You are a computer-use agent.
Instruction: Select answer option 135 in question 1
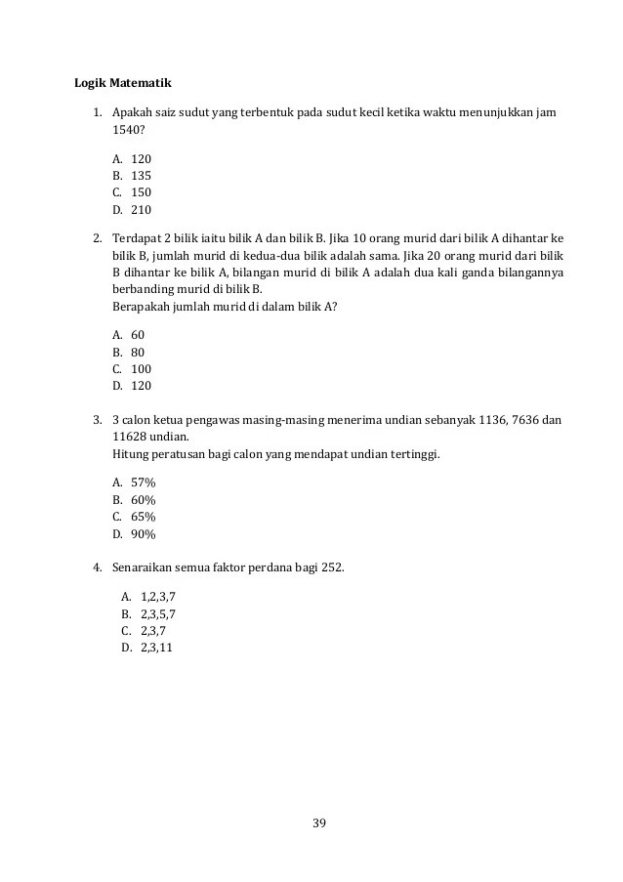click(x=141, y=176)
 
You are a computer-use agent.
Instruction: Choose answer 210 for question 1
click(x=141, y=210)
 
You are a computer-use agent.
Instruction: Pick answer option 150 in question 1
click(x=141, y=192)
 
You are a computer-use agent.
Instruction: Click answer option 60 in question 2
click(x=138, y=334)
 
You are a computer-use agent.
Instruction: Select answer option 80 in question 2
click(x=138, y=352)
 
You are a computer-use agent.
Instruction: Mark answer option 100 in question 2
click(x=141, y=369)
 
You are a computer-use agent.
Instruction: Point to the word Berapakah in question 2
click(x=141, y=306)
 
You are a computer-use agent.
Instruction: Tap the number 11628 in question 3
click(x=130, y=437)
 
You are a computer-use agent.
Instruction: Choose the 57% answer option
click(x=144, y=482)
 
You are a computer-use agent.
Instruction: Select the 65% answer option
click(x=144, y=517)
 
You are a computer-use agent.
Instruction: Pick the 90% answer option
click(x=144, y=534)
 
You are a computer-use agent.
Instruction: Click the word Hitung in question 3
click(x=130, y=454)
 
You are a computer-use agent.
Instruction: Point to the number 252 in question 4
click(x=332, y=567)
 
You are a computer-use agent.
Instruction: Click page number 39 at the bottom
click(x=318, y=821)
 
